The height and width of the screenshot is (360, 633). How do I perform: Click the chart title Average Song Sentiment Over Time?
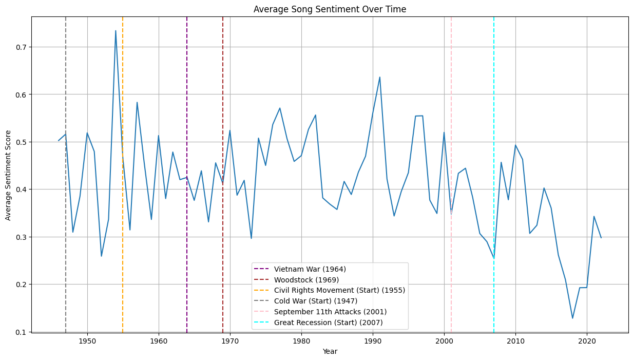coord(330,9)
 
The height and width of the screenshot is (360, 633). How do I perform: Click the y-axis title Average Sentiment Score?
coord(8,175)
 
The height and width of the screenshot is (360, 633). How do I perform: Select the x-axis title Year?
coord(330,351)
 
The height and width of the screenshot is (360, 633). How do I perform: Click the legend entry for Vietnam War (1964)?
coord(310,269)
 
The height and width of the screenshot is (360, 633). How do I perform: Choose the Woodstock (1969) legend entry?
coord(306,280)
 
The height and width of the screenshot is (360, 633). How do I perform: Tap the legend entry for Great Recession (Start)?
coord(328,323)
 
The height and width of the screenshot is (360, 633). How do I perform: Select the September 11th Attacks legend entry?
coord(330,312)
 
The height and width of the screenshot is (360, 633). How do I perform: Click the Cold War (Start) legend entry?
coord(315,301)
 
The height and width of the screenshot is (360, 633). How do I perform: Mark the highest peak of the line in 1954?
coord(116,31)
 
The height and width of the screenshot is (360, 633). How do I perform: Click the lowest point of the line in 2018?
coord(572,318)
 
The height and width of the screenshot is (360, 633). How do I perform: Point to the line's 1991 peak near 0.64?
coord(380,77)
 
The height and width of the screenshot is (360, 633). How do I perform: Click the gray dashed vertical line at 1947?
coord(66,77)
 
